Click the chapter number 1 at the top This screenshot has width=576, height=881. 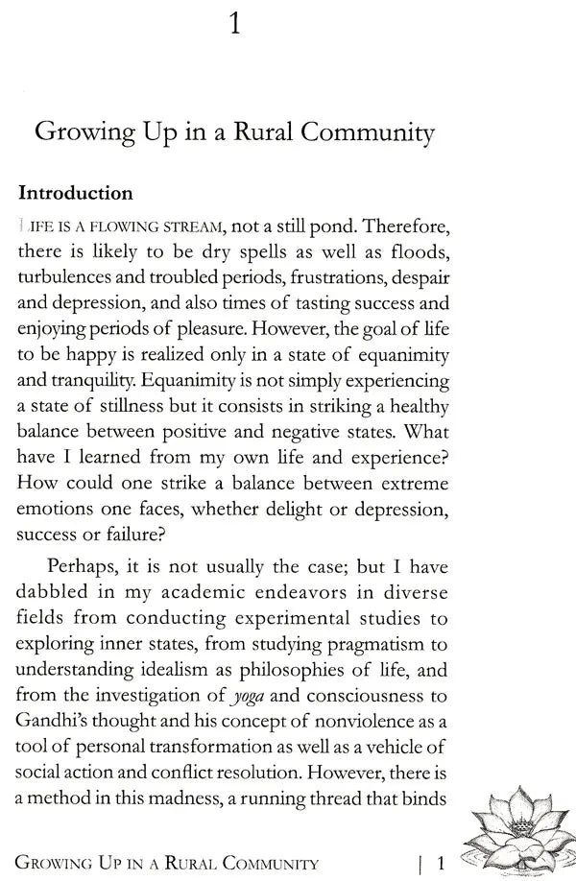pyautogui.click(x=235, y=23)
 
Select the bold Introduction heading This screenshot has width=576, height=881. pyautogui.click(x=76, y=193)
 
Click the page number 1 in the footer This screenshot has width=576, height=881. pyautogui.click(x=438, y=862)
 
